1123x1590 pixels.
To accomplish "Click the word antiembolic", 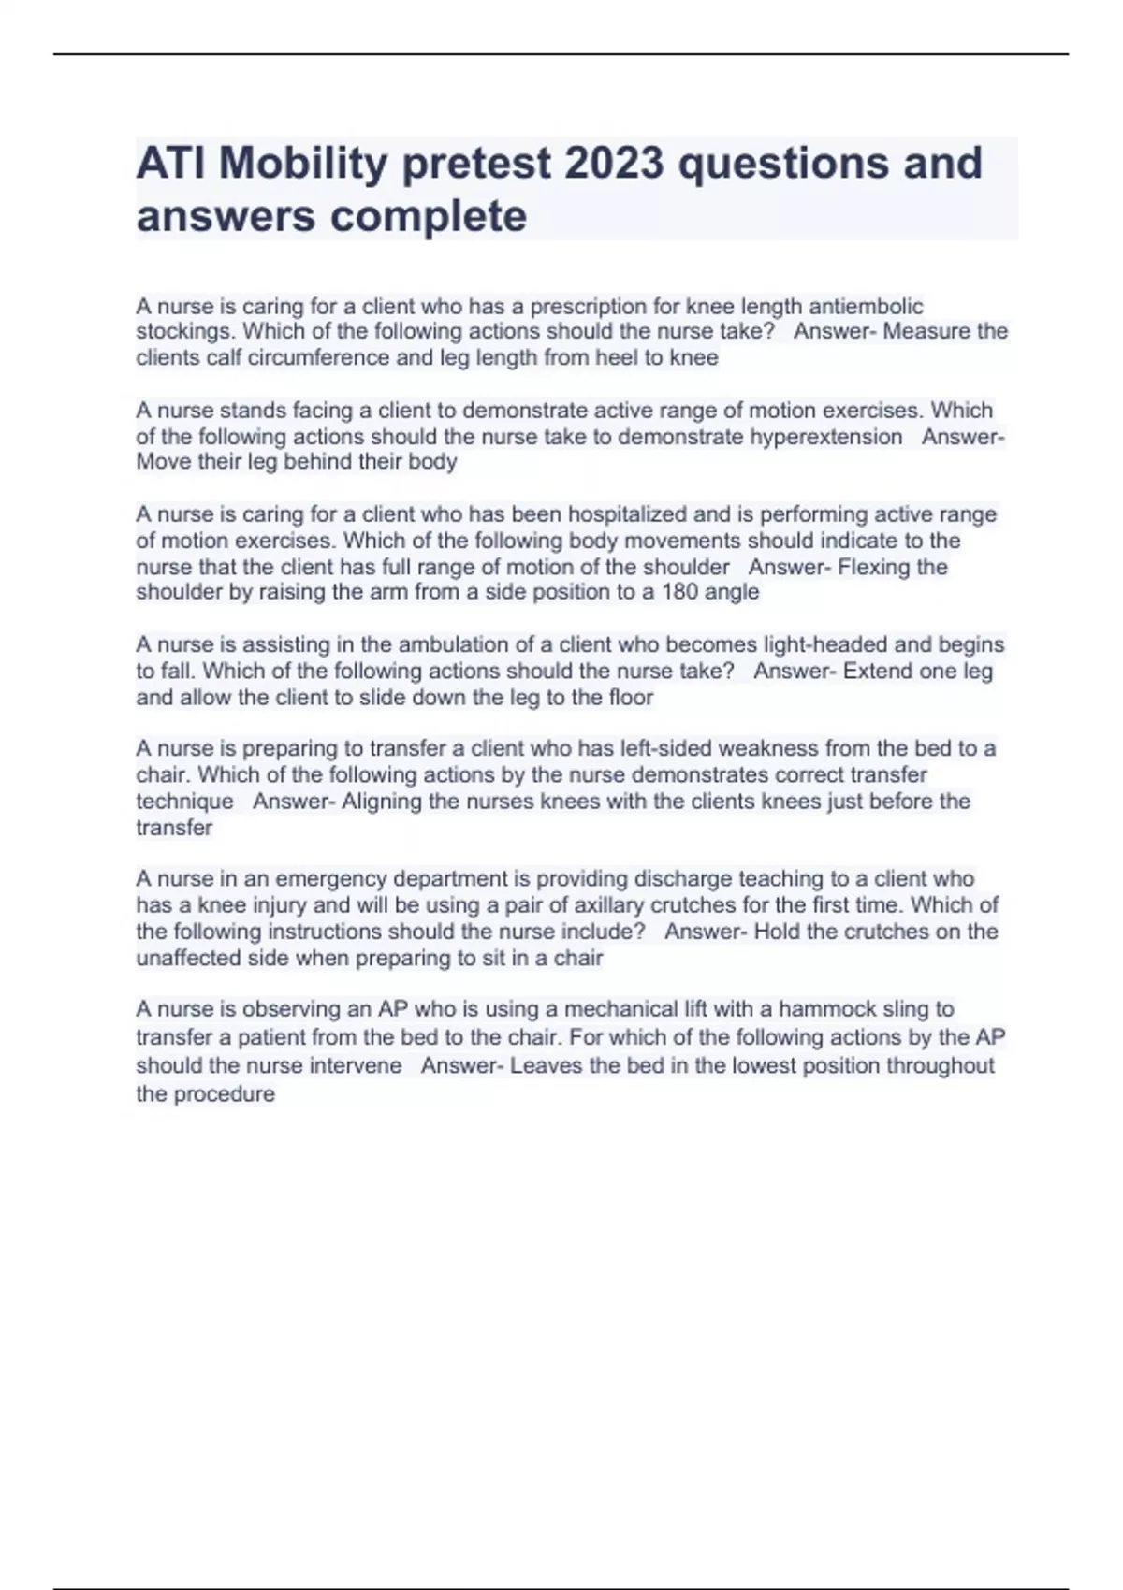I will (866, 307).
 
